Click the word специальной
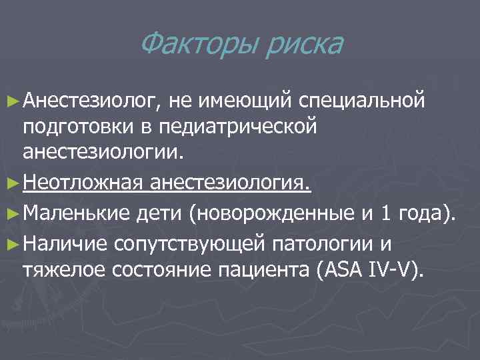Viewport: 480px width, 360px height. tap(362, 101)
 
